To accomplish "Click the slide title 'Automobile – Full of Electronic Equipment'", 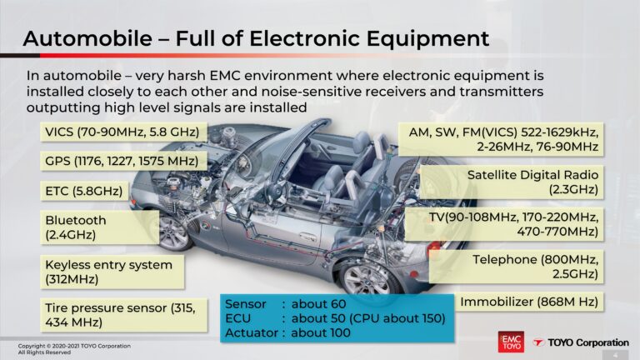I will [255, 37].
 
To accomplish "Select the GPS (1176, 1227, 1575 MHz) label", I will [122, 161].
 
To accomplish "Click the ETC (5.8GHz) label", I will [85, 191].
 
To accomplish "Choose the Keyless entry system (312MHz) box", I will [110, 272].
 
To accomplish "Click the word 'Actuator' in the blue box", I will [252, 332].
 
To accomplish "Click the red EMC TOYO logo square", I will [510, 342].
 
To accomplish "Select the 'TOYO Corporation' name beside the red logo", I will [583, 342].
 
